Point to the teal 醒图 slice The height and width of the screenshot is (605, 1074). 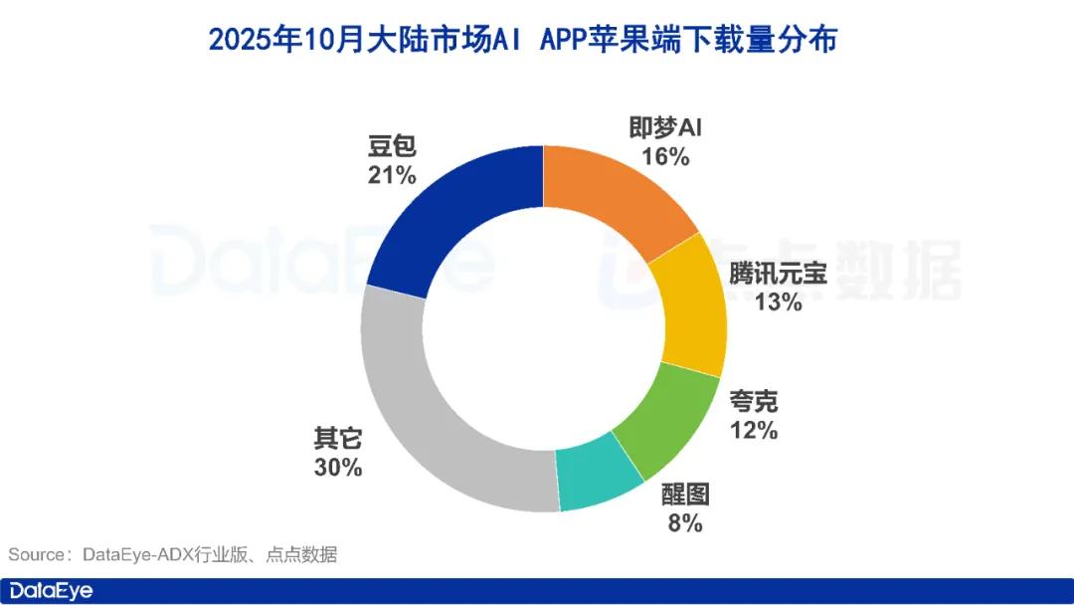[x=597, y=478]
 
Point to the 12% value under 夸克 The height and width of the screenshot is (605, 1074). [x=753, y=432]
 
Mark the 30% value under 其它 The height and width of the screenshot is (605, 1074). [x=338, y=467]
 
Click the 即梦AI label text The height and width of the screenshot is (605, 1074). [x=666, y=128]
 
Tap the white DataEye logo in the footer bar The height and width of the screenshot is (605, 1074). [x=51, y=591]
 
